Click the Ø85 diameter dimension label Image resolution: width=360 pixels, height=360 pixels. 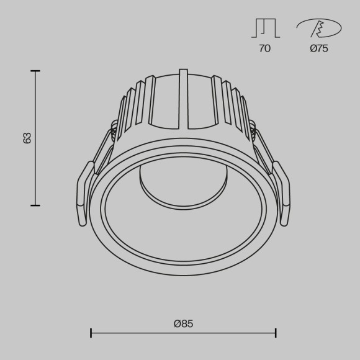pyautogui.click(x=183, y=323)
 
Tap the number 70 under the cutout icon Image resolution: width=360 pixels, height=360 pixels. pyautogui.click(x=264, y=48)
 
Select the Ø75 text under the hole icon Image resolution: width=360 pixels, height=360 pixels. pyautogui.click(x=319, y=48)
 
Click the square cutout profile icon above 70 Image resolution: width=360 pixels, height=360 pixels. pyautogui.click(x=265, y=28)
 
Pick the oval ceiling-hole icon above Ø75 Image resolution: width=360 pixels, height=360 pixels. pyautogui.click(x=319, y=27)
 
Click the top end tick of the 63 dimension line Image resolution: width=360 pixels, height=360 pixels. pyautogui.click(x=35, y=71)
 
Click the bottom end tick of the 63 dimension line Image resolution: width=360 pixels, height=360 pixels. pyautogui.click(x=35, y=205)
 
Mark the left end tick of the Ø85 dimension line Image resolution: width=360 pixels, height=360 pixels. pyautogui.click(x=91, y=333)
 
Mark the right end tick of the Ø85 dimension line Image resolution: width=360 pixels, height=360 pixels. pyautogui.click(x=276, y=333)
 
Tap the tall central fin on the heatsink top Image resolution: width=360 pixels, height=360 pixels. pyautogui.click(x=183, y=99)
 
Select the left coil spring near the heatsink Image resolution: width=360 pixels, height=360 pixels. pyautogui.click(x=114, y=128)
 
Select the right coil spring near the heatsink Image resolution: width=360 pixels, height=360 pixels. pyautogui.click(x=253, y=128)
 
